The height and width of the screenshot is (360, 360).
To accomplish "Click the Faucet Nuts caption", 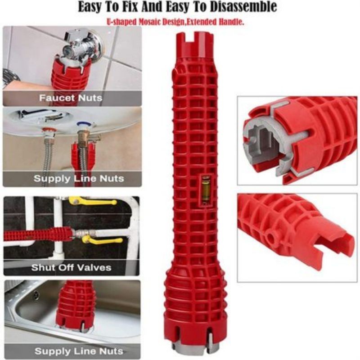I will coord(70,98).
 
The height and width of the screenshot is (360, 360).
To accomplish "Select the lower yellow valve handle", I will coord(103,240).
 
